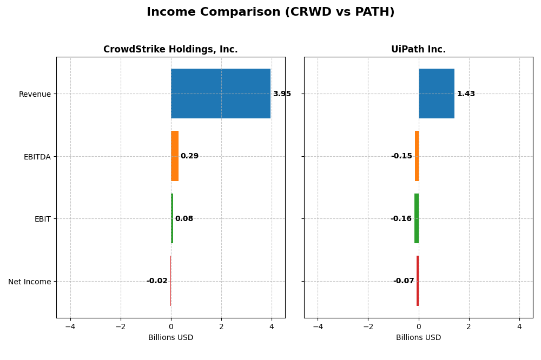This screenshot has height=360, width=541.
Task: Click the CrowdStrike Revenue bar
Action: [x=221, y=94]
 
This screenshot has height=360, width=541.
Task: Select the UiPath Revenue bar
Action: [x=437, y=94]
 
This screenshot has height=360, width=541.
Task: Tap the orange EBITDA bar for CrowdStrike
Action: [x=175, y=156]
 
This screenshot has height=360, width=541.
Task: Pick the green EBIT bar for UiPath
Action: [x=417, y=218]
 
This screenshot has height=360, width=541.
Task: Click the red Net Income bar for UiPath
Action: [x=418, y=281]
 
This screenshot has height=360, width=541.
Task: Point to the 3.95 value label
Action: [x=282, y=94]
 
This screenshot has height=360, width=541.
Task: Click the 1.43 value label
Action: [x=466, y=94]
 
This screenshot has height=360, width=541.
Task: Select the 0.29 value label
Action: [x=189, y=156]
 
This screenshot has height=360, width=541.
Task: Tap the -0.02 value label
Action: [x=157, y=281]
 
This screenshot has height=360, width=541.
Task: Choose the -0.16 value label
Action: [x=401, y=219]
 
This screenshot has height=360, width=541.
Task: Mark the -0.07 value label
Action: [x=404, y=281]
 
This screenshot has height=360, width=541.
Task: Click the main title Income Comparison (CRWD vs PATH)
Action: [x=270, y=12]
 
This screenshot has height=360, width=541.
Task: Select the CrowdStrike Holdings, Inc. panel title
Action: [x=170, y=50]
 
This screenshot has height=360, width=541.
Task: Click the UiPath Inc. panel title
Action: [x=418, y=50]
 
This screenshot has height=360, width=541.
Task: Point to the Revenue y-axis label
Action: [x=35, y=94]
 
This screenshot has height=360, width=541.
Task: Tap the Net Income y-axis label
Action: [x=30, y=282]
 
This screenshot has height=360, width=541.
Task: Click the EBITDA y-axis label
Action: [x=37, y=157]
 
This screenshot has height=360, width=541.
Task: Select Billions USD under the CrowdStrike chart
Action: [x=170, y=338]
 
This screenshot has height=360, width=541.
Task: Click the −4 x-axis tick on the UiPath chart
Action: [x=318, y=326]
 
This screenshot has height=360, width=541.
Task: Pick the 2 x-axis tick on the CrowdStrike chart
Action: [x=221, y=326]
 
